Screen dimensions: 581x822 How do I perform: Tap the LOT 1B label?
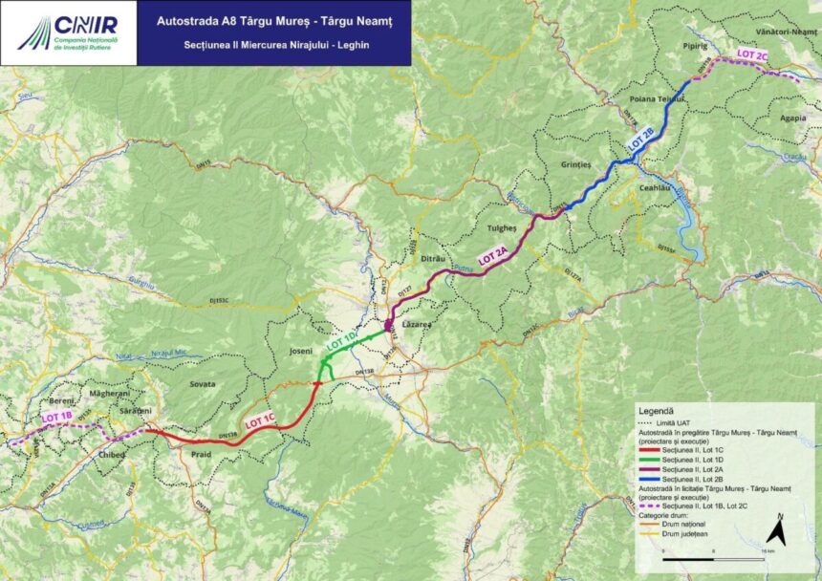pos(56,418)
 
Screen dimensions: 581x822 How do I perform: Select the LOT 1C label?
pos(259,418)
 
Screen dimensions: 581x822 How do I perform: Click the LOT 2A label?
pos(493,255)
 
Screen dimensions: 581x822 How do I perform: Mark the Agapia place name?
pos(792,118)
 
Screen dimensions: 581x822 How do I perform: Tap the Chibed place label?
pos(112,455)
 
